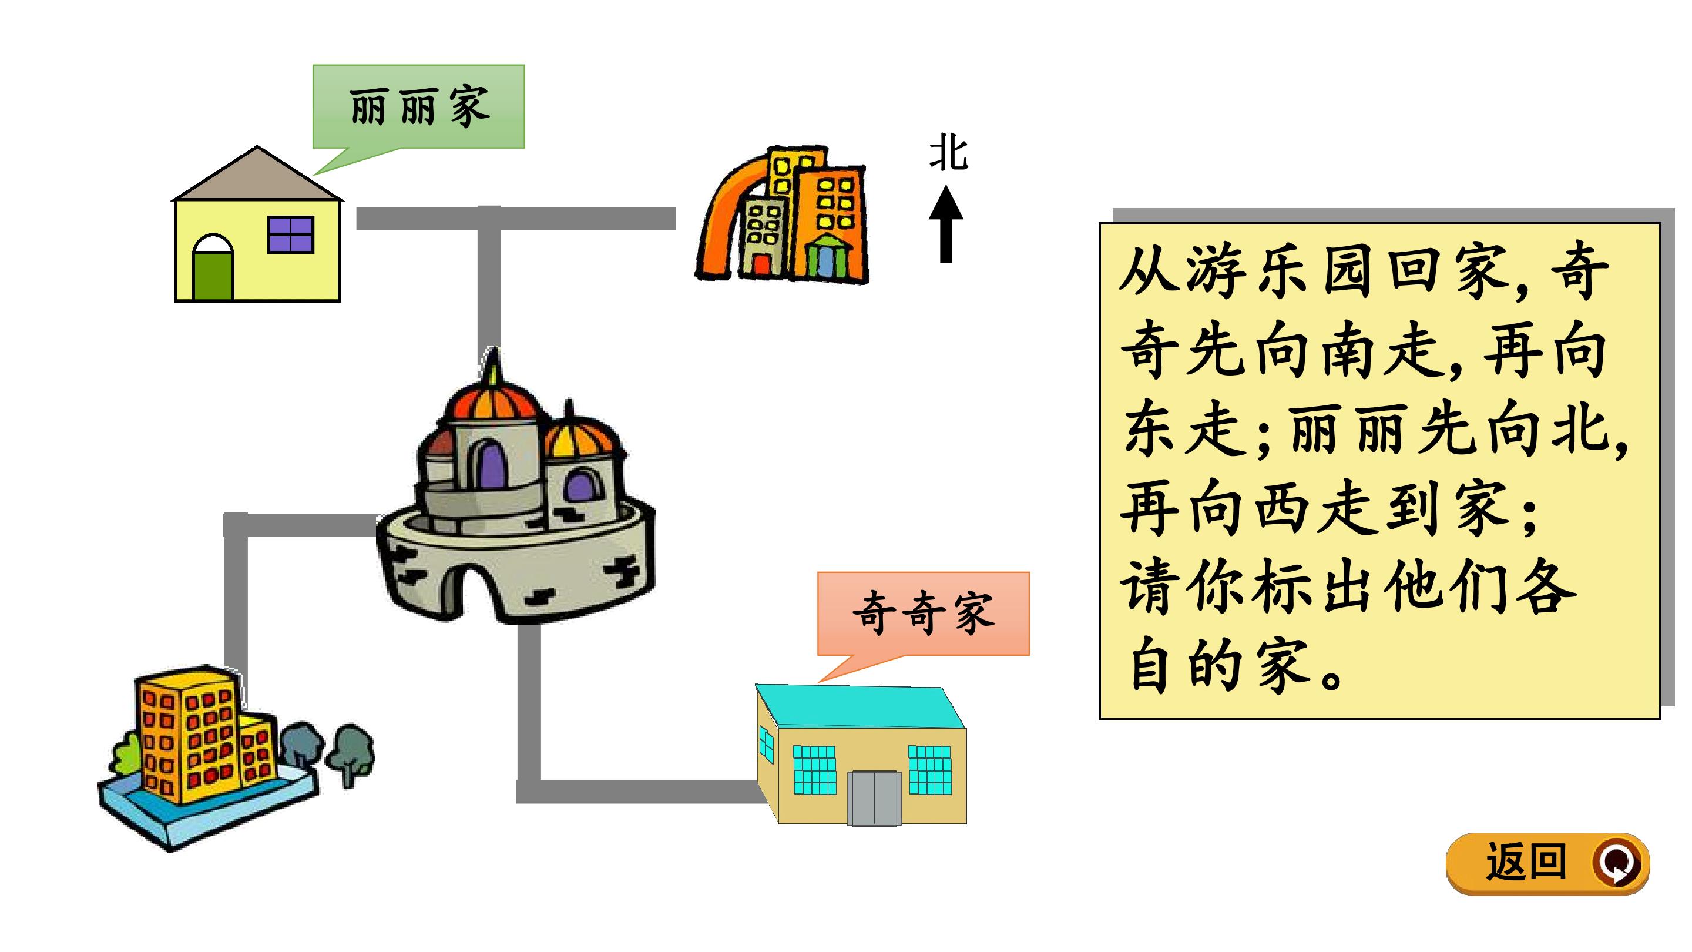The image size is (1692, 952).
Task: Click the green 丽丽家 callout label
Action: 418,106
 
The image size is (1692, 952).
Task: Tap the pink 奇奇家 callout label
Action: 923,614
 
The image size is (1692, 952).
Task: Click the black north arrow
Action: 946,224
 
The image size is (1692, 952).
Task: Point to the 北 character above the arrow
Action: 948,154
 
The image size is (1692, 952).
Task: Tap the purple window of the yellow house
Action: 291,234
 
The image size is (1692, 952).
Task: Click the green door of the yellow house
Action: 213,275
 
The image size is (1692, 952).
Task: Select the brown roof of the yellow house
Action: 257,173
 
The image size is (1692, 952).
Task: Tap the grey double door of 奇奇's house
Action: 874,798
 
